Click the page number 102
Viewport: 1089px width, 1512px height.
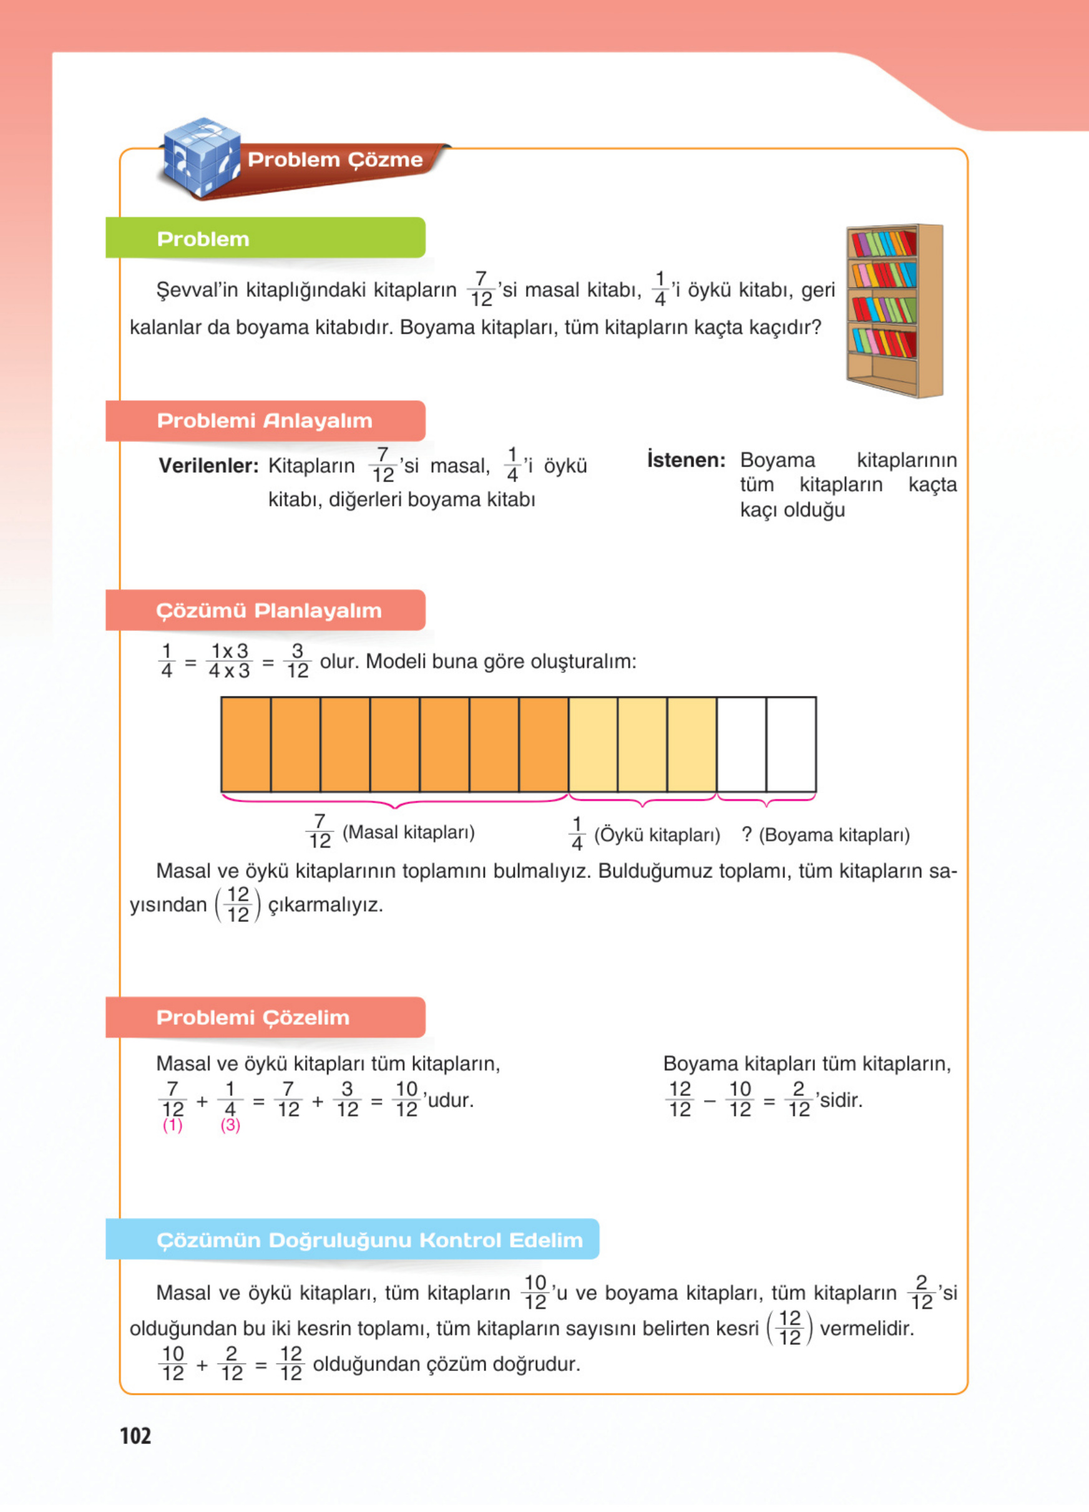[x=135, y=1435]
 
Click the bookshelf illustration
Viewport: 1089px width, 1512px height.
[x=894, y=311]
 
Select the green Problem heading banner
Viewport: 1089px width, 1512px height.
[x=265, y=238]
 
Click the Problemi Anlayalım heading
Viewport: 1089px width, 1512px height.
[x=265, y=420]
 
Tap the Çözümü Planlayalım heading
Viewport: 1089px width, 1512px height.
[x=268, y=610]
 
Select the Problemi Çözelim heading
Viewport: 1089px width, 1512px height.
[x=253, y=1017]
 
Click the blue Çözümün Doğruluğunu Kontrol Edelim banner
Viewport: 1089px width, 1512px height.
[x=369, y=1239]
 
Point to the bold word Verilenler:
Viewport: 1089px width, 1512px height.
[x=208, y=466]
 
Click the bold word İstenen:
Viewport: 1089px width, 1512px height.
[x=686, y=460]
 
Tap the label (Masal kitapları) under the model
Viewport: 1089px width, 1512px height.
[x=408, y=832]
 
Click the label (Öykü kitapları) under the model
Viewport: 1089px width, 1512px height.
[x=657, y=835]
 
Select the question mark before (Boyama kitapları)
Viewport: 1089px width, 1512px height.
[x=747, y=834]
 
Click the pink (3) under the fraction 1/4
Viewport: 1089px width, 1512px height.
[x=230, y=1125]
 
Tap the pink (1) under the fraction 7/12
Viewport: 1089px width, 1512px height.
[x=173, y=1125]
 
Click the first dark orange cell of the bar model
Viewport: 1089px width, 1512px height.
[x=246, y=744]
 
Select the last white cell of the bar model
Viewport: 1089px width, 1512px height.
[x=791, y=744]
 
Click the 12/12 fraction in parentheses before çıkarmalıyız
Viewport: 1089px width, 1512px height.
[x=238, y=904]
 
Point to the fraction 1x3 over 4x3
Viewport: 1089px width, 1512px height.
[x=230, y=661]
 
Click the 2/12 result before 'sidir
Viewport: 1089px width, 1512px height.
[x=798, y=1099]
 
